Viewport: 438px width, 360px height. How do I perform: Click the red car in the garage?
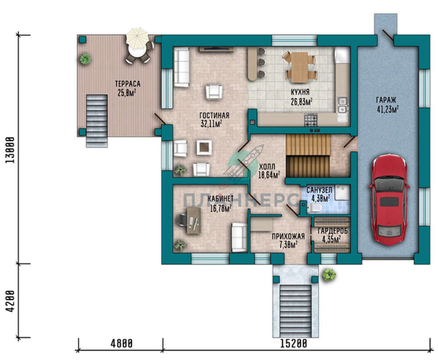pos(389,200)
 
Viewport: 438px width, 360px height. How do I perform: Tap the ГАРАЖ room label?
pos(386,100)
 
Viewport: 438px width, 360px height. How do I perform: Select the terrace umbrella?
pos(137,37)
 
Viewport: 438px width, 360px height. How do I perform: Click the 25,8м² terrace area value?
pos(127,93)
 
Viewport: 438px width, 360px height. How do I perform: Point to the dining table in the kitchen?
pos(300,67)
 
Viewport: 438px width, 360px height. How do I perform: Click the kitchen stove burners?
pos(311,120)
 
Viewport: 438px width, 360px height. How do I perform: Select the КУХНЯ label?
pos(300,92)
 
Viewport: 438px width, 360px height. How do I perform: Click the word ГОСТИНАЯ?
pos(214,115)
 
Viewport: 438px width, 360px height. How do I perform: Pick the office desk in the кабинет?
pos(193,220)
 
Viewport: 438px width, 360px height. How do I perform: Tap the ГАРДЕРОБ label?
pos(333,231)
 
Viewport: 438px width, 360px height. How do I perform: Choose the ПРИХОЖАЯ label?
pos(288,236)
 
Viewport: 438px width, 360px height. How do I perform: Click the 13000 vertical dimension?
pos(11,150)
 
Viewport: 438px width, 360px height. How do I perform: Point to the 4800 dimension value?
pos(121,343)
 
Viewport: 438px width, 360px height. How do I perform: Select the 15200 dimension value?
pos(293,343)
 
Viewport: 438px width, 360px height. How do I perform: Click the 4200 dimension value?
pos(11,301)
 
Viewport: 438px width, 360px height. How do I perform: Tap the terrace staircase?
pos(97,121)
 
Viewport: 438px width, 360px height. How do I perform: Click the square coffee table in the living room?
pos(204,148)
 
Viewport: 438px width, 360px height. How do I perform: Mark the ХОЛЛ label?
pos(267,167)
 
